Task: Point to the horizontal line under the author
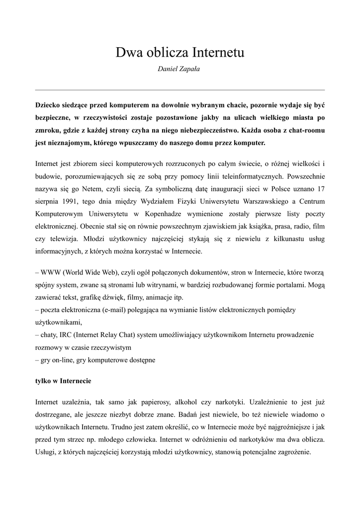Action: pyautogui.click(x=180, y=90)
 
